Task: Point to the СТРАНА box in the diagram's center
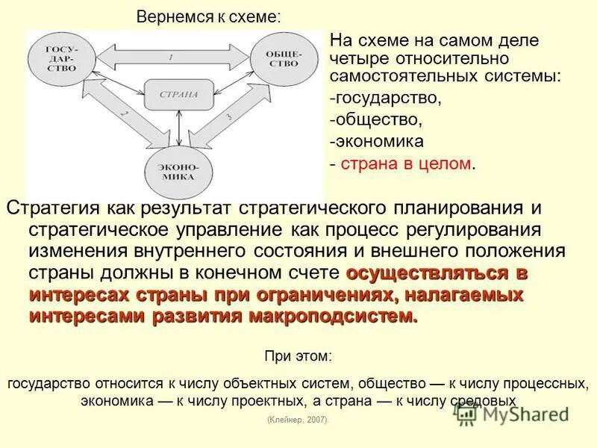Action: (178, 95)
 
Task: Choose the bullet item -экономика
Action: (378, 140)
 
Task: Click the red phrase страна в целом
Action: (407, 163)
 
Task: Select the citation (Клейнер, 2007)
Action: (297, 420)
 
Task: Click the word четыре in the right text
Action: (356, 57)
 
